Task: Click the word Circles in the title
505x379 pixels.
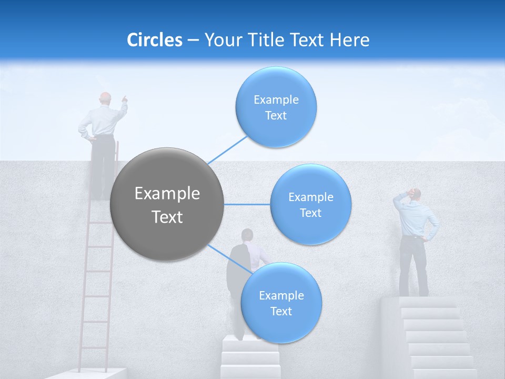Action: tap(154, 40)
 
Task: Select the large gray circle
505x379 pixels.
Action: tap(167, 204)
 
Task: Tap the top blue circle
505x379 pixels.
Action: tap(276, 107)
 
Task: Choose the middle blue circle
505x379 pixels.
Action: tap(310, 204)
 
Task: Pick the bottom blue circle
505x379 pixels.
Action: tap(281, 303)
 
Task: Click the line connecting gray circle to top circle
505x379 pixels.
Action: tap(227, 150)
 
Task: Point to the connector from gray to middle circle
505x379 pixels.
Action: tap(247, 204)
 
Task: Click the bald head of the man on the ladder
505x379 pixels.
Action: tap(106, 98)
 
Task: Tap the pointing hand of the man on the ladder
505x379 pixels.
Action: tap(125, 98)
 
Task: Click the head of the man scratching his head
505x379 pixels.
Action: tap(416, 194)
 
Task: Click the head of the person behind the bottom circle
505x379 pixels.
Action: tap(247, 235)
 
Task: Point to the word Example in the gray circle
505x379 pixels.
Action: tap(167, 194)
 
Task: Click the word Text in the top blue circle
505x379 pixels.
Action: tap(276, 116)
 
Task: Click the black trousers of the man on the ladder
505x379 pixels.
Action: tap(103, 158)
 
